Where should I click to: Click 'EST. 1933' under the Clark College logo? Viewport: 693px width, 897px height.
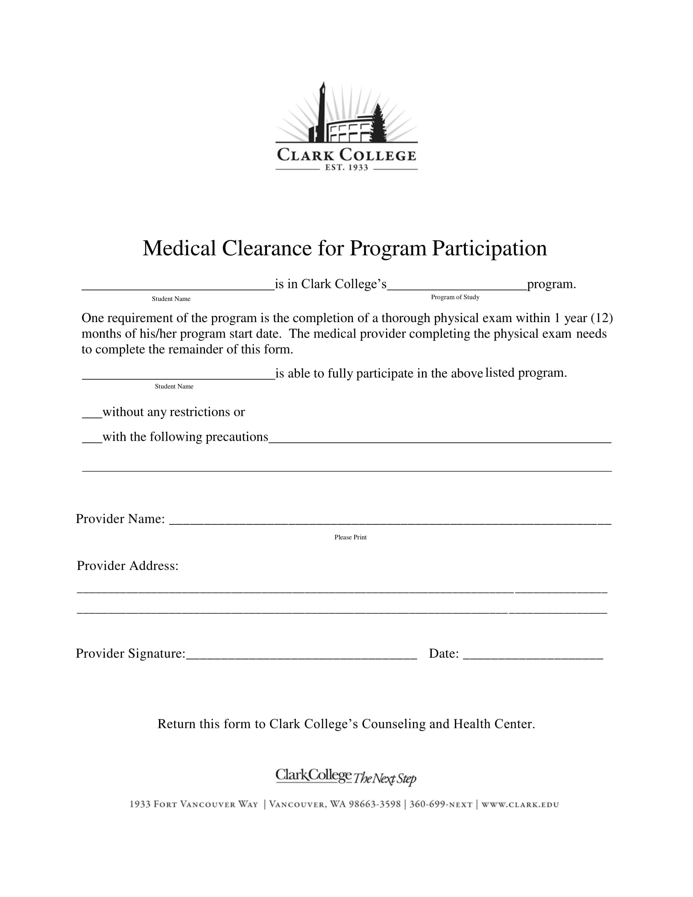pyautogui.click(x=346, y=168)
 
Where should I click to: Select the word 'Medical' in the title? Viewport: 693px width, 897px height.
pyautogui.click(x=179, y=248)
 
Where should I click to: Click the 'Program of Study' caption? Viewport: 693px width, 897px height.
pyautogui.click(x=455, y=297)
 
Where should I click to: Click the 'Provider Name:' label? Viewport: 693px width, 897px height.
pyautogui.click(x=120, y=519)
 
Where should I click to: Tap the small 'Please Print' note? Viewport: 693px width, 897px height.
pyautogui.click(x=350, y=537)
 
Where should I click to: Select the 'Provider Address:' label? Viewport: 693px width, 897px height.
pyautogui.click(x=128, y=566)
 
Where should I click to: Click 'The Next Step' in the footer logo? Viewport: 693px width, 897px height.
pyautogui.click(x=385, y=778)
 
